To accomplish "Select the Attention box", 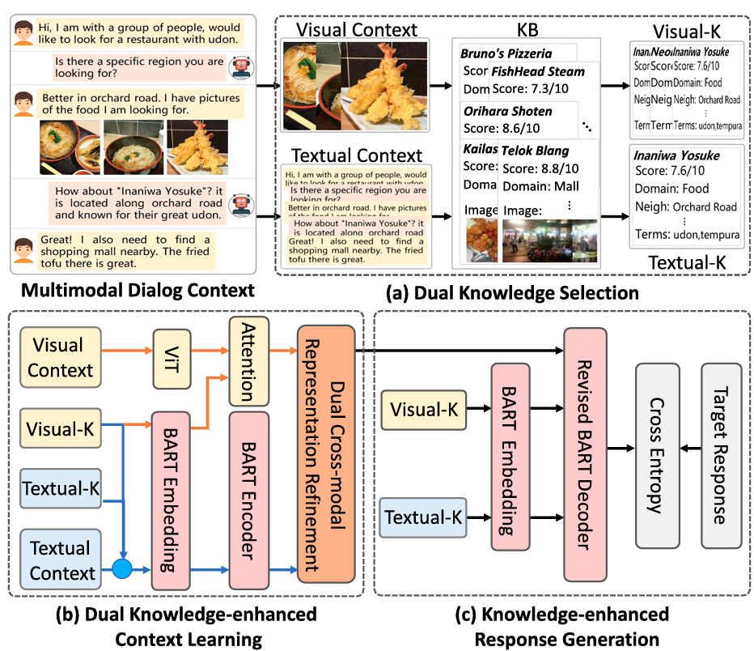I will pos(248,360).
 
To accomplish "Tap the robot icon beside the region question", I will pos(239,66).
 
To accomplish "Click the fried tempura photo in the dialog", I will pos(197,147).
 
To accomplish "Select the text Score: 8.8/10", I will pos(536,169).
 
